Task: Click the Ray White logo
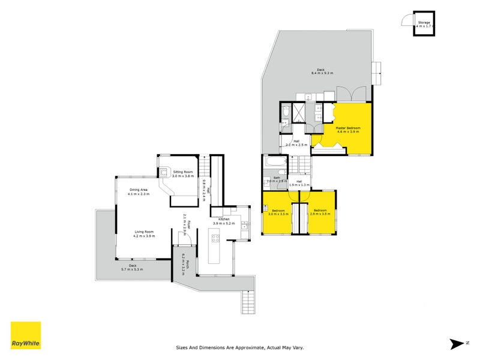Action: tap(26, 335)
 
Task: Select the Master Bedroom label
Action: tap(343, 130)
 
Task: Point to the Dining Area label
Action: tap(139, 192)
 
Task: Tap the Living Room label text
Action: tap(144, 234)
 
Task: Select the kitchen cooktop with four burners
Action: tap(214, 238)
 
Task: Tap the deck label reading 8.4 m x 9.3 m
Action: tap(322, 71)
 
